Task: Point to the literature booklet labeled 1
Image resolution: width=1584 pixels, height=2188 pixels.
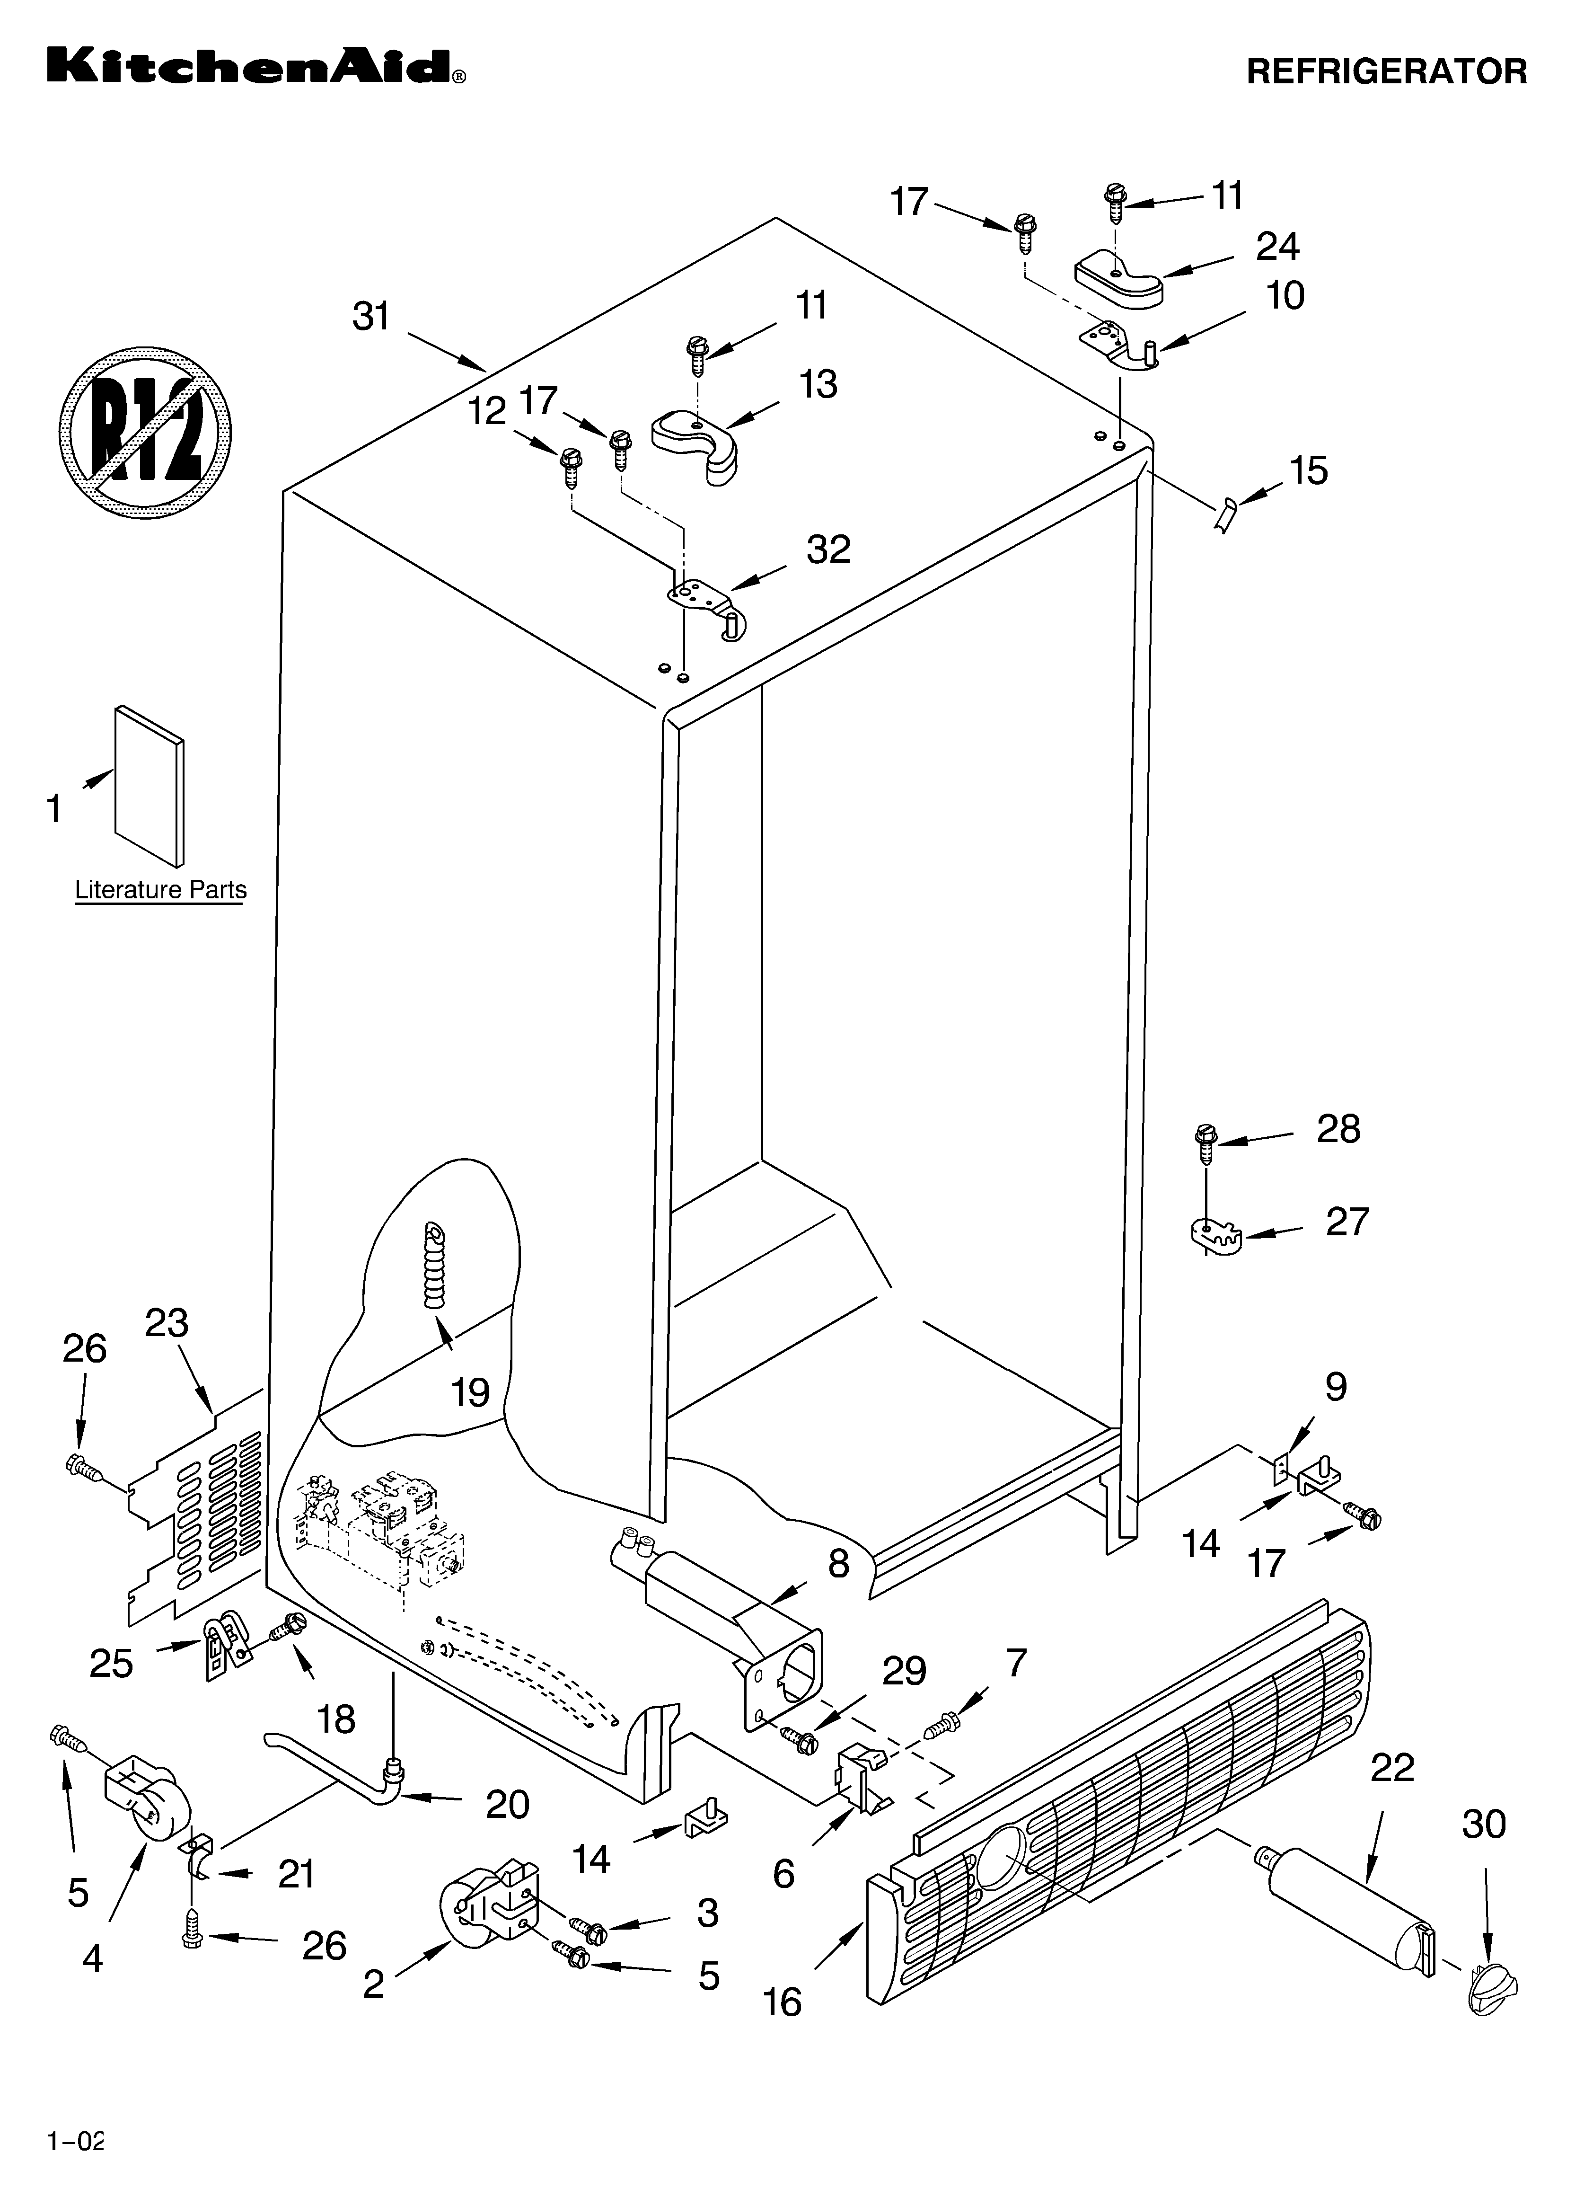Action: [x=150, y=786]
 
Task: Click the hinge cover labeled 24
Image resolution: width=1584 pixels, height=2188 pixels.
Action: [x=1119, y=278]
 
